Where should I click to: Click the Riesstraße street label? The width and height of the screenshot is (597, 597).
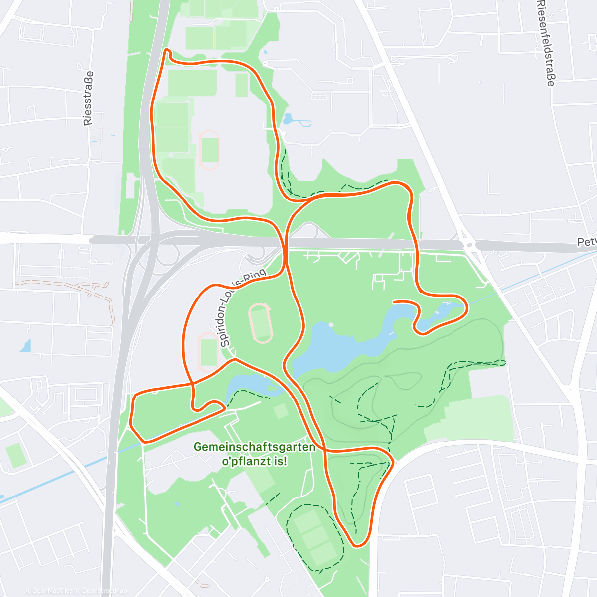tap(88, 99)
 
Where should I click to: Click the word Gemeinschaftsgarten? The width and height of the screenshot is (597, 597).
tap(254, 447)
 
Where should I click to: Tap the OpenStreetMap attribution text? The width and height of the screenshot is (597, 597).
tap(104, 591)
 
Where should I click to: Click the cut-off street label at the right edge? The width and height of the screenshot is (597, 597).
tap(587, 242)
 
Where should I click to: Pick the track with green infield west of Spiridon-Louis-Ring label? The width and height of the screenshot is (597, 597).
tap(208, 352)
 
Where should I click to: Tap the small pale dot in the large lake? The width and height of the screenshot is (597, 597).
tap(331, 325)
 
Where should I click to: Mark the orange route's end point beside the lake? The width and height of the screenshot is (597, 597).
tap(394, 301)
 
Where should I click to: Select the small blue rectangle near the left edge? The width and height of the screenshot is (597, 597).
tap(25, 346)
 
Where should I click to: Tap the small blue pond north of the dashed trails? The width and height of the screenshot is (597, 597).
tap(288, 119)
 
